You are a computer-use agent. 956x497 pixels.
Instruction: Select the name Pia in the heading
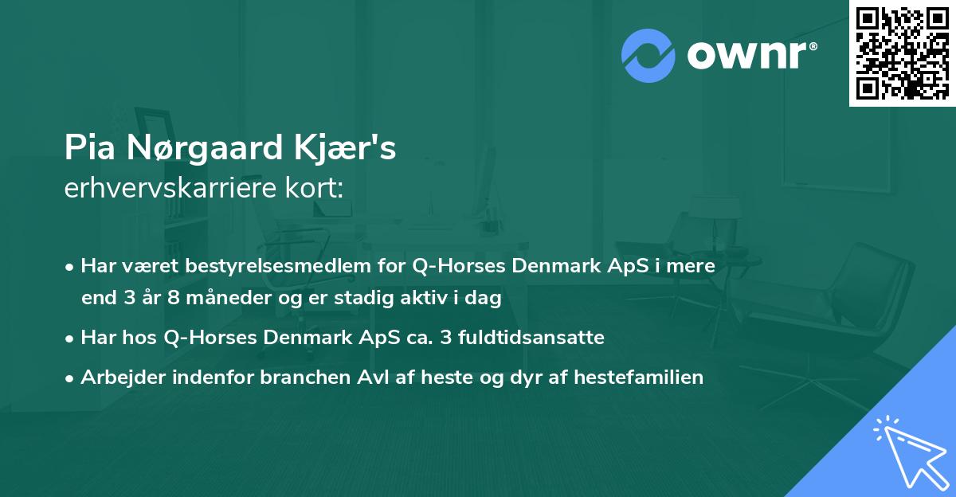click(x=87, y=149)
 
